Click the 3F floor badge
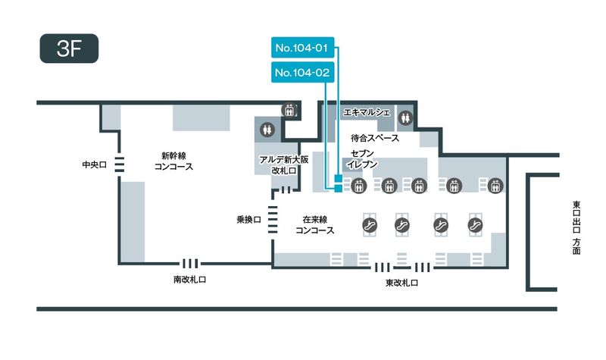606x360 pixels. click(69, 47)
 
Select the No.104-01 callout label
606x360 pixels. click(301, 49)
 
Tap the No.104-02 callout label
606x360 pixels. click(301, 73)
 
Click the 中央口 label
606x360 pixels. click(96, 163)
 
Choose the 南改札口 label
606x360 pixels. click(189, 279)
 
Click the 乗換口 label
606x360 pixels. click(248, 219)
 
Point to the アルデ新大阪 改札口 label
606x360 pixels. click(282, 165)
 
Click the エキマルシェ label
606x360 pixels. click(367, 112)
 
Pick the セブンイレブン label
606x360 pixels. click(364, 159)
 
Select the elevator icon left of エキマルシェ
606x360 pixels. click(289, 110)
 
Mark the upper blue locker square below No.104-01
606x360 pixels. click(338, 179)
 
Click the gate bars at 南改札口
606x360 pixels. click(189, 264)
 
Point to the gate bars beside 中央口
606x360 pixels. click(119, 163)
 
